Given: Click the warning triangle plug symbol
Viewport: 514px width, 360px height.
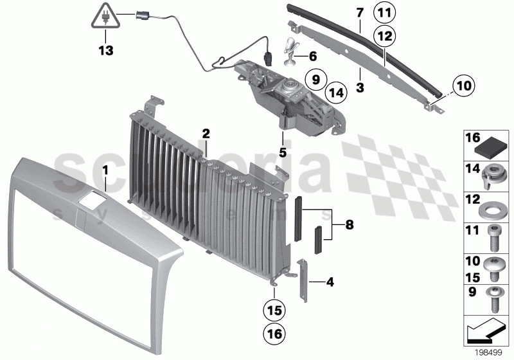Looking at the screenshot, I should [x=103, y=16].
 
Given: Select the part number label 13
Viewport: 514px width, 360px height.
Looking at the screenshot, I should [x=103, y=48].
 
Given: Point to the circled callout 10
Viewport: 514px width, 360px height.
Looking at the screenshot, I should [x=445, y=84].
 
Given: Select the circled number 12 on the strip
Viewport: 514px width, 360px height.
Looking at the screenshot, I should [x=384, y=38].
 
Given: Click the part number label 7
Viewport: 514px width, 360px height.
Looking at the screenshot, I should [x=360, y=12].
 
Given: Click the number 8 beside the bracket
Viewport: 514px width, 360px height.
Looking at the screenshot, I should [x=349, y=225].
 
